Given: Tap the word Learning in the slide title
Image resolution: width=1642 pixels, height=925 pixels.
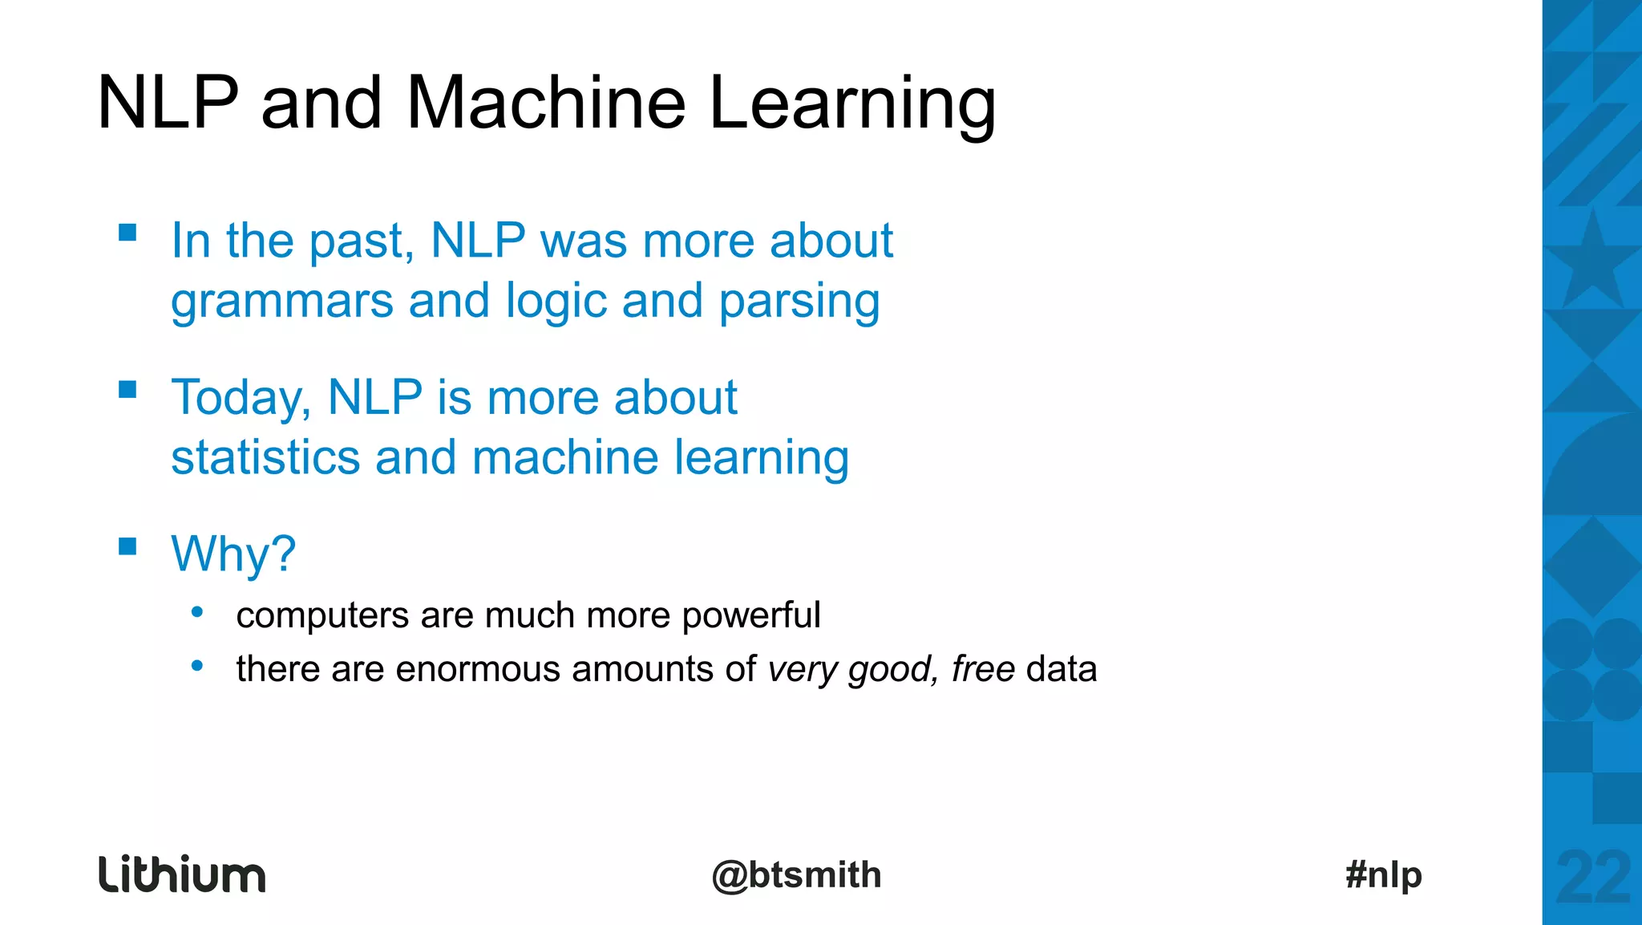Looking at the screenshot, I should pos(852,104).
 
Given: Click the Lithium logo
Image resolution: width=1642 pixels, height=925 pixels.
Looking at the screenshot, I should pos(182,874).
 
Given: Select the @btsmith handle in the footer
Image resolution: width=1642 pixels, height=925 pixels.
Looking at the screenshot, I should pos(796,874).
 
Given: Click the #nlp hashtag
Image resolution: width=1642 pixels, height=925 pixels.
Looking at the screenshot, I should pos(1384,874).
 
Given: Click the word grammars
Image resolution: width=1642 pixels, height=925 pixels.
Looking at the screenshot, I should pos(282,301).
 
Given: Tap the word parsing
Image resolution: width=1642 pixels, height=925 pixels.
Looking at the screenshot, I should pos(799,302).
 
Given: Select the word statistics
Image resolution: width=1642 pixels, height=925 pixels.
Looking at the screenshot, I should pos(265,457).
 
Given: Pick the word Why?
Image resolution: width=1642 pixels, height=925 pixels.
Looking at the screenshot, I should pos(233,554).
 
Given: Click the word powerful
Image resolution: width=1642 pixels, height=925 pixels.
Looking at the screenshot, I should pos(751,616).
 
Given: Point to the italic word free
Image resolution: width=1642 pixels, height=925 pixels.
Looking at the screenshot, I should pos(983,669).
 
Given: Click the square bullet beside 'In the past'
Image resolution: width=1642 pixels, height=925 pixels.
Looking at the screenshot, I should pos(127,233).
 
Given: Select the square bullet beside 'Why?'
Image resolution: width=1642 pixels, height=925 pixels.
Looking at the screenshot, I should pos(127,546).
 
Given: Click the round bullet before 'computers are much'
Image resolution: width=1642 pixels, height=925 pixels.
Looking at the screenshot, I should pos(197,614).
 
